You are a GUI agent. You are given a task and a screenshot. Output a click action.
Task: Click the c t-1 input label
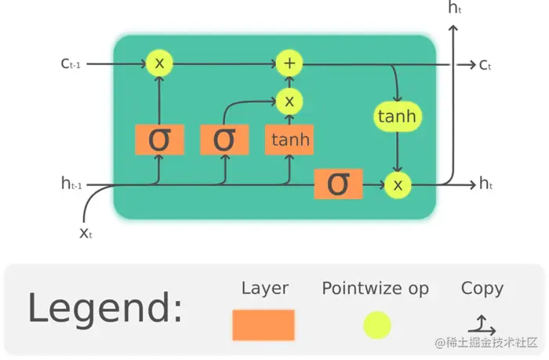click(71, 64)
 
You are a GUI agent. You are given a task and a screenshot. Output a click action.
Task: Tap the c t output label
click(485, 64)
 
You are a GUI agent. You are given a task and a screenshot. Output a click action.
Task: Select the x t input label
click(86, 233)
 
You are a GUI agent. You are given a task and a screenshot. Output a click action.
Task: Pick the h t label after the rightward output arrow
click(486, 184)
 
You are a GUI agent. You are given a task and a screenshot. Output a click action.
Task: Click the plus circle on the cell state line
click(289, 64)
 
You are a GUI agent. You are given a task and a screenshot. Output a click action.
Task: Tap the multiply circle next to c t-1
click(160, 64)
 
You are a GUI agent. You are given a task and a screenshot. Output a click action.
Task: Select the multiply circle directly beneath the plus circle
click(289, 101)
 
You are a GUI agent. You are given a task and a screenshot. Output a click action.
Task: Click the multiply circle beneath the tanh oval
click(398, 184)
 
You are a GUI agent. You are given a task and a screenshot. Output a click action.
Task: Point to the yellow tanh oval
click(397, 117)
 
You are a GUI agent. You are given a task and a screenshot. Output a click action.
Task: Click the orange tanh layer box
click(289, 140)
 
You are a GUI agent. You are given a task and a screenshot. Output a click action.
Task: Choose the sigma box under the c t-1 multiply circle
click(159, 140)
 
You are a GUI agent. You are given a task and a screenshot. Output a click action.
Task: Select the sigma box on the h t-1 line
click(338, 184)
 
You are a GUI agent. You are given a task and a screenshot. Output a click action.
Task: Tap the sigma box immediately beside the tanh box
click(224, 140)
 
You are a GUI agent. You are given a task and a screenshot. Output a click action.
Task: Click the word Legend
click(105, 308)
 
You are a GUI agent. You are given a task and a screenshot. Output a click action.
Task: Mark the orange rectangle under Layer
click(264, 325)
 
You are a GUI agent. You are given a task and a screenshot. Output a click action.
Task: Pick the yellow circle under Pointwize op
click(376, 325)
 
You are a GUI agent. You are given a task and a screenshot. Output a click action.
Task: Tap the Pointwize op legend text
click(375, 289)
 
